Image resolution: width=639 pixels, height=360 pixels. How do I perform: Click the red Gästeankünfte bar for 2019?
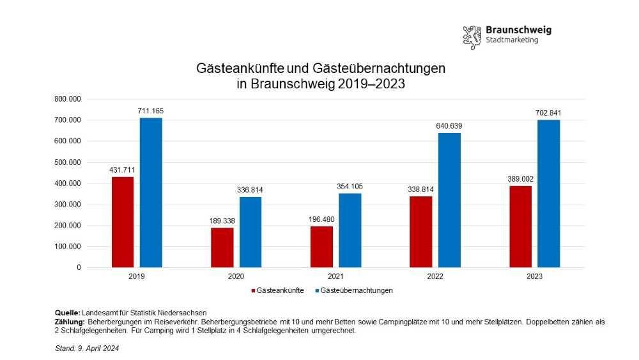coord(122,222)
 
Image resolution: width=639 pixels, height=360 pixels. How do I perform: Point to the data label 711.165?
coord(150,112)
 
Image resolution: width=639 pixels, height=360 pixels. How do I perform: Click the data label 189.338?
coord(222,221)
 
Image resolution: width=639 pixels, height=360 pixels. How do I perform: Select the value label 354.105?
coord(350,187)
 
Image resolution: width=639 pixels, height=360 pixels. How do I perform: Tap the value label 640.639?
coord(449,126)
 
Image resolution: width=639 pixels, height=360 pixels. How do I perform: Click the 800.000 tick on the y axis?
coord(67,99)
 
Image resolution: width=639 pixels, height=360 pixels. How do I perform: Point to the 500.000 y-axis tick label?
coord(67,162)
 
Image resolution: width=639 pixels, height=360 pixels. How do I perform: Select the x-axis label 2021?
coord(335,276)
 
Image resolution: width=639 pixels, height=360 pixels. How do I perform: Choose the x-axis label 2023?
coord(534,276)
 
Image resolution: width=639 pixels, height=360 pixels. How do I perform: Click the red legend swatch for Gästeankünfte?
coord(252,291)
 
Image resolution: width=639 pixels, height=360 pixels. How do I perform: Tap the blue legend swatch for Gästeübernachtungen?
coord(317,291)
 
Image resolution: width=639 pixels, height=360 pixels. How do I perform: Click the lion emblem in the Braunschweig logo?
coord(472,37)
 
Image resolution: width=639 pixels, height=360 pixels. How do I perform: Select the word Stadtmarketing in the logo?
coord(512,40)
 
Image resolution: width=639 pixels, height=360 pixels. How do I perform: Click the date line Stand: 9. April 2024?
coord(87,348)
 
